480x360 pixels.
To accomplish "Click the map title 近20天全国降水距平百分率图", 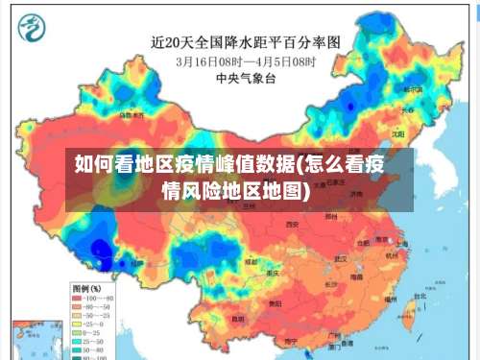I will [246, 42].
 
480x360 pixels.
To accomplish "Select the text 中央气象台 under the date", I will [246, 77].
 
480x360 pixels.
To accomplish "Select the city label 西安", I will [292, 224].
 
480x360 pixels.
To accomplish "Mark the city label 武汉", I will [340, 258].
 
